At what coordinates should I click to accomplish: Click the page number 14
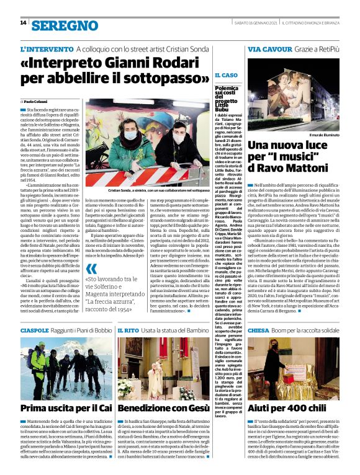[24, 23]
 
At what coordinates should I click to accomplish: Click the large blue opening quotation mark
[92, 269]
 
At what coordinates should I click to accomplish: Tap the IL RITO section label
[128, 331]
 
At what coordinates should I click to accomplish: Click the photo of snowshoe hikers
[66, 368]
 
